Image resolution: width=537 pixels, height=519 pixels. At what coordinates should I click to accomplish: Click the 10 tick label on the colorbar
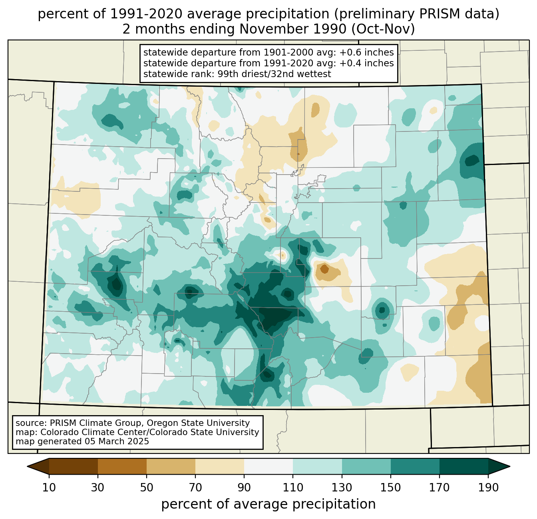(x=49, y=488)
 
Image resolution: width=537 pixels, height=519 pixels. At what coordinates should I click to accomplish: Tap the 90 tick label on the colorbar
(x=244, y=488)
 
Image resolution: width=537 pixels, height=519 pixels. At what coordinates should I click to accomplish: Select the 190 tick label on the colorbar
(x=488, y=488)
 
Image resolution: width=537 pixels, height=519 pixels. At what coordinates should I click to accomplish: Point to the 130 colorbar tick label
(x=342, y=488)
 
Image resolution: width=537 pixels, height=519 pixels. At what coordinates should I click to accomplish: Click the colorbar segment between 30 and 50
(x=122, y=466)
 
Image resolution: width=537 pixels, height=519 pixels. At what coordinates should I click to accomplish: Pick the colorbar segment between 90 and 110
(x=268, y=466)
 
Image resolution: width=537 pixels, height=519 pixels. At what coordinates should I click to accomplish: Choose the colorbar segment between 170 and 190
(x=463, y=466)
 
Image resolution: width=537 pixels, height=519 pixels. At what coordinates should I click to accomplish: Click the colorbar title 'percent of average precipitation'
(x=268, y=504)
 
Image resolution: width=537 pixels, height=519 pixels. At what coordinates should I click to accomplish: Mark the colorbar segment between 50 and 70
(x=171, y=466)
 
